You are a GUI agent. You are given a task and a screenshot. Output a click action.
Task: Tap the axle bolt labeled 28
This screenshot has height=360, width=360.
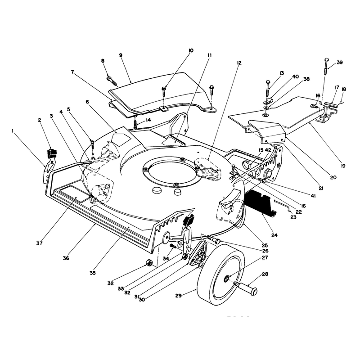pyautogui.click(x=246, y=288)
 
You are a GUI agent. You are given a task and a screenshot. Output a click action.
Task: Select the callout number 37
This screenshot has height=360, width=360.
pyautogui.click(x=39, y=243)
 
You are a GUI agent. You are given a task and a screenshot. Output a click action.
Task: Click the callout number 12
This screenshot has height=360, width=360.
pyautogui.click(x=239, y=63)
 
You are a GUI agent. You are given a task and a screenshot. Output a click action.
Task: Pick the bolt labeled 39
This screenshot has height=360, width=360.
pyautogui.click(x=327, y=66)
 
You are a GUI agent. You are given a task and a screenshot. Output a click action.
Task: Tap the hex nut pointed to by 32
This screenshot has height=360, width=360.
pyautogui.click(x=148, y=263)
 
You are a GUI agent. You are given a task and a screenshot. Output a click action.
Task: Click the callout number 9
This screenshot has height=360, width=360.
pyautogui.click(x=121, y=55)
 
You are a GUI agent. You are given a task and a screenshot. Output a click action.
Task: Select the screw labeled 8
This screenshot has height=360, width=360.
pyautogui.click(x=112, y=80)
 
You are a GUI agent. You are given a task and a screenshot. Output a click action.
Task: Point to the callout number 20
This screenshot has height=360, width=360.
pyautogui.click(x=333, y=177)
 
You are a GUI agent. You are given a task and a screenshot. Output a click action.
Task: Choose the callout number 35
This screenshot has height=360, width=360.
pyautogui.click(x=93, y=273)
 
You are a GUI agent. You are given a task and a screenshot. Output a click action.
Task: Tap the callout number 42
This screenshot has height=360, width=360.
pyautogui.click(x=268, y=150)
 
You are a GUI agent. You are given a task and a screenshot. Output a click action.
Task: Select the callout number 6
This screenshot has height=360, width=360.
pyautogui.click(x=87, y=102)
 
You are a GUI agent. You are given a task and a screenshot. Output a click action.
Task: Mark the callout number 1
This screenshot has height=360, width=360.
pyautogui.click(x=12, y=130)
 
